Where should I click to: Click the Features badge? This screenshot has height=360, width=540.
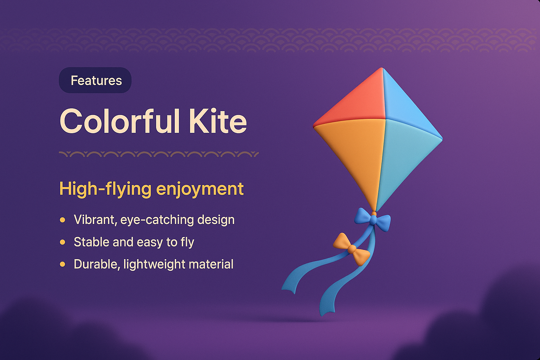[95, 80]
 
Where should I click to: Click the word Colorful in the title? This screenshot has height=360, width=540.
[120, 121]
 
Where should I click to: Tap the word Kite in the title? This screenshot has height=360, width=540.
[218, 121]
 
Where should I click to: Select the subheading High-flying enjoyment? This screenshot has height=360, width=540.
[151, 189]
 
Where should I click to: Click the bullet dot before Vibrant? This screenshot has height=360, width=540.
[63, 220]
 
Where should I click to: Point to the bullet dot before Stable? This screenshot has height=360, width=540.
[63, 242]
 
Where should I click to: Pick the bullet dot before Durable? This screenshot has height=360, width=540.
[63, 264]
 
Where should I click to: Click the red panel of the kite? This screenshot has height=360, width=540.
[355, 100]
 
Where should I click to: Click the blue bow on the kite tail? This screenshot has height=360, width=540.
[373, 220]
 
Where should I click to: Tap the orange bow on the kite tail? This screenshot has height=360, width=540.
[351, 249]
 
